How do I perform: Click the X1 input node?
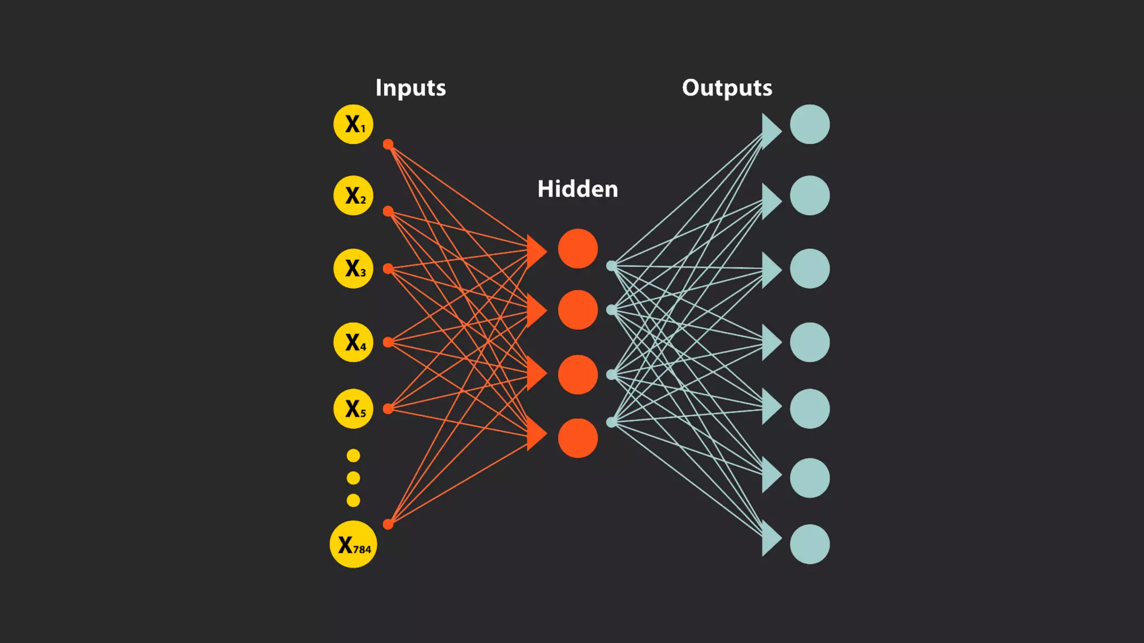click(353, 124)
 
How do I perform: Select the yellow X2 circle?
click(353, 195)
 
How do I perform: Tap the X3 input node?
click(353, 268)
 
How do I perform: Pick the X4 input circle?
click(353, 342)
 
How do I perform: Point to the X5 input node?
click(353, 409)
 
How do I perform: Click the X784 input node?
click(353, 544)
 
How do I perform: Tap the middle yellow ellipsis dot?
click(353, 478)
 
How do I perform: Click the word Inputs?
click(411, 88)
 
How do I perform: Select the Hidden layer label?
click(578, 189)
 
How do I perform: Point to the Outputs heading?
click(727, 88)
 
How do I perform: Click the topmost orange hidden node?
click(578, 248)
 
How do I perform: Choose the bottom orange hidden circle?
click(578, 438)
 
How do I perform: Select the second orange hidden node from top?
click(578, 310)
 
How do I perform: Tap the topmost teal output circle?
click(809, 124)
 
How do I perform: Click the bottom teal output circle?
click(809, 544)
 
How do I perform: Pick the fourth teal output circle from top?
click(809, 342)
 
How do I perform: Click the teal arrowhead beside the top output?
click(770, 131)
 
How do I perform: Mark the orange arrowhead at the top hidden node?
click(535, 251)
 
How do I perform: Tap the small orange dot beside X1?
click(388, 145)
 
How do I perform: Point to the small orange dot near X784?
click(388, 524)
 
